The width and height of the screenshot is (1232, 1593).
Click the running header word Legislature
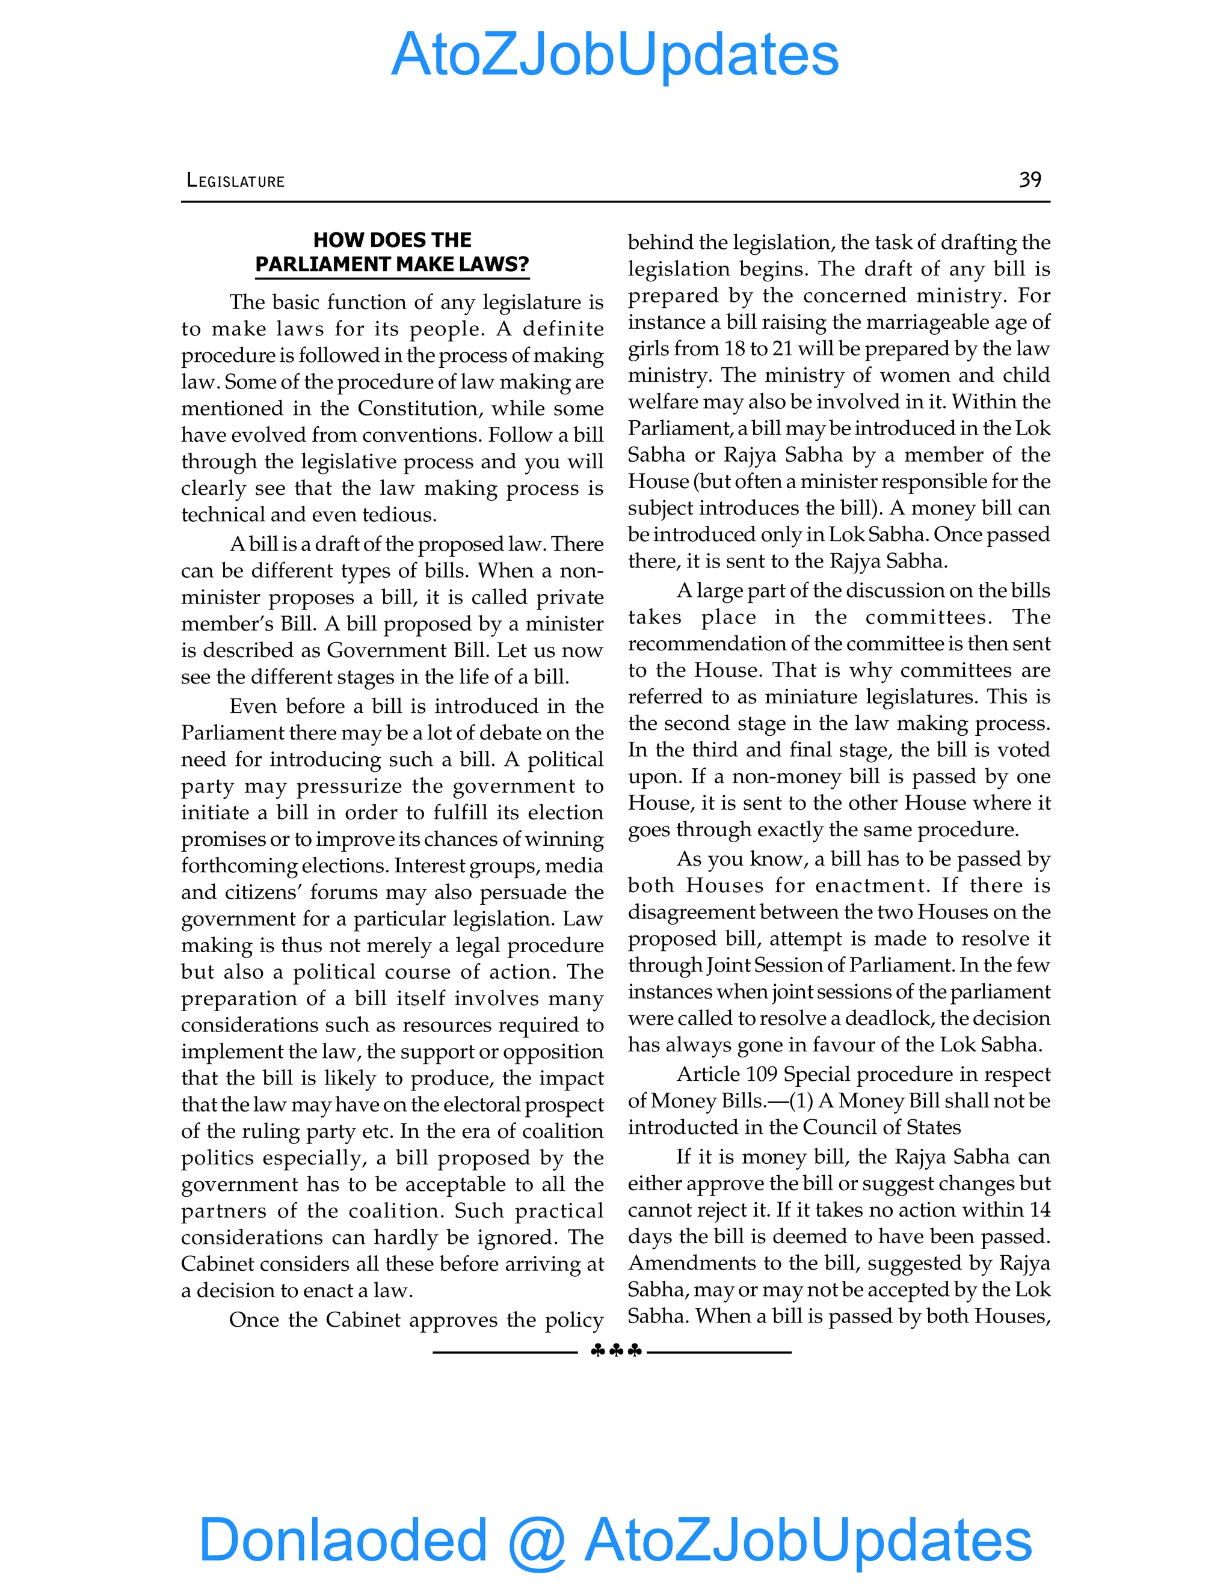[x=235, y=181]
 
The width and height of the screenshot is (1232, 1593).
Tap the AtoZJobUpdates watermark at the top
[x=615, y=55]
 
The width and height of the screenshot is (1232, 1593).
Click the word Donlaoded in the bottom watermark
[x=342, y=1539]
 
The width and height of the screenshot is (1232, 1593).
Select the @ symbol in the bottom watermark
[x=537, y=1541]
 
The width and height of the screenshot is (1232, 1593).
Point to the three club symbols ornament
[x=615, y=1351]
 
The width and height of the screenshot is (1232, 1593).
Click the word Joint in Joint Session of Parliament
[x=728, y=965]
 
